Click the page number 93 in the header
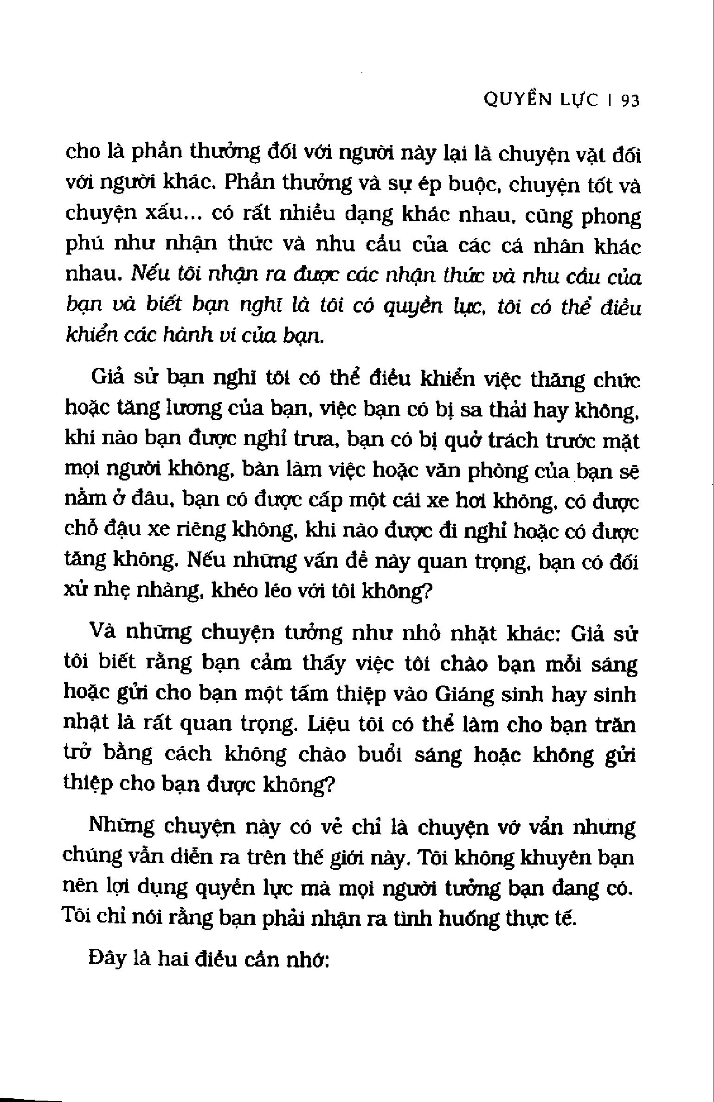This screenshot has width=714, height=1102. coord(630,100)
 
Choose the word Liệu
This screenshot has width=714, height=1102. coord(328,724)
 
